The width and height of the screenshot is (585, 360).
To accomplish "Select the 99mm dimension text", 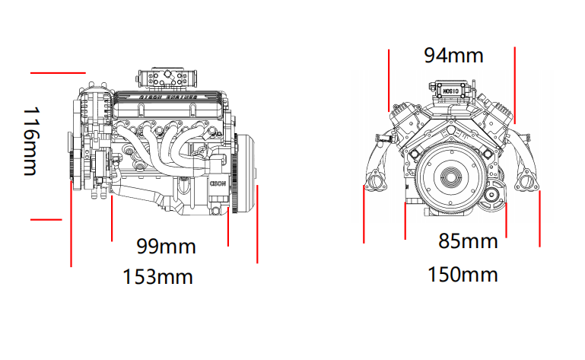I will click(166, 247).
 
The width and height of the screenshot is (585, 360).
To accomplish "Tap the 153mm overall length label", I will click(157, 276).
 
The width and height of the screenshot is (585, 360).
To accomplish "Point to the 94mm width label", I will click(453, 56).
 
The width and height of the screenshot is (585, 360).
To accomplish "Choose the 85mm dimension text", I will click(467, 241).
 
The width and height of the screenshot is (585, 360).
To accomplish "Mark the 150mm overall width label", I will click(463, 274).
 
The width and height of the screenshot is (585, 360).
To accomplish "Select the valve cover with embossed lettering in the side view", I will click(170, 97).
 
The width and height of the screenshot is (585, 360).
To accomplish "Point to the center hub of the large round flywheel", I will click(452, 178).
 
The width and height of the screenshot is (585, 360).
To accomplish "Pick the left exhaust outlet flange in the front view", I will click(374, 182).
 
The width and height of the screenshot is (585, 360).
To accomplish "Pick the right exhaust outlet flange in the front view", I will click(526, 182).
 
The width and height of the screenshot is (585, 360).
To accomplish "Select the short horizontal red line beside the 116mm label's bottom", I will click(46, 220).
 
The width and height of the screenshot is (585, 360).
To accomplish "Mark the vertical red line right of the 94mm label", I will click(515, 84).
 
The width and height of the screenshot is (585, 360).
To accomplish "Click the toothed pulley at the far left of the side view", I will click(74, 168).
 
